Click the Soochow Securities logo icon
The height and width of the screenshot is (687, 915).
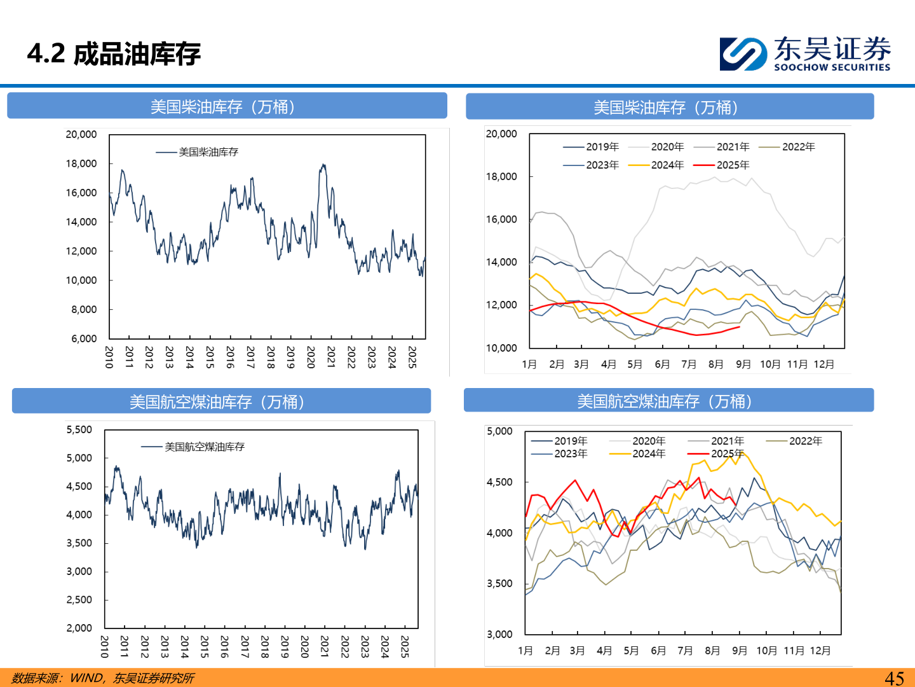(742, 53)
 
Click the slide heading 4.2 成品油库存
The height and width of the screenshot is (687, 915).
(114, 54)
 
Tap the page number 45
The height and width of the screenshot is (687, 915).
(894, 678)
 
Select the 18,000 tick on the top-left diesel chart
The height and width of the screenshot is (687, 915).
(81, 163)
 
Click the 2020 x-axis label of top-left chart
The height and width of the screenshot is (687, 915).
(311, 357)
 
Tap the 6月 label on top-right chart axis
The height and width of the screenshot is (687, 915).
(662, 364)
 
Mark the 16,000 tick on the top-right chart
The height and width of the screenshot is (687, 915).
(501, 219)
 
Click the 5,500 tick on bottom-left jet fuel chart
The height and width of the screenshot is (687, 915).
(79, 430)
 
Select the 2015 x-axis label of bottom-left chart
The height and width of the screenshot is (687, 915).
(205, 646)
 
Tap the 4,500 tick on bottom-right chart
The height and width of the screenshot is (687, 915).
(499, 482)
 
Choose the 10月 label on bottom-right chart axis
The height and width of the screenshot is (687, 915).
(766, 650)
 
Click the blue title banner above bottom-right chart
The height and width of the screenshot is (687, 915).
(668, 401)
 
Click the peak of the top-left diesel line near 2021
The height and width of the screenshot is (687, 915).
(323, 165)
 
